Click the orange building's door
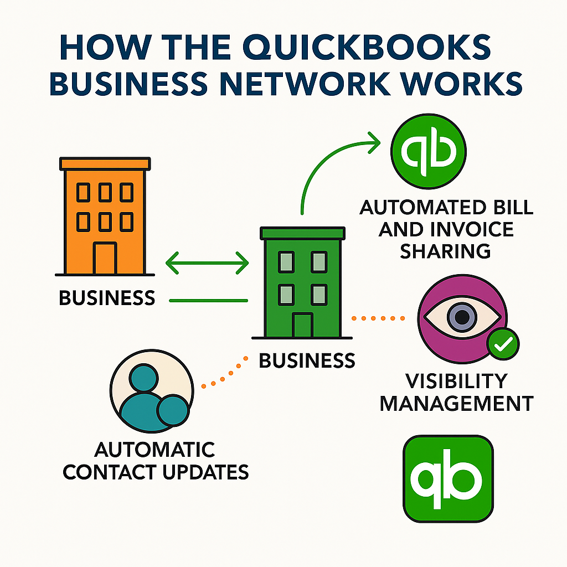pyautogui.click(x=104, y=258)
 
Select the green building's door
pyautogui.click(x=302, y=325)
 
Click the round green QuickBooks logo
pyautogui.click(x=429, y=150)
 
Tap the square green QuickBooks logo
pyautogui.click(x=449, y=479)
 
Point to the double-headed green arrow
pyautogui.click(x=207, y=262)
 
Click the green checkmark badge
pyautogui.click(x=503, y=345)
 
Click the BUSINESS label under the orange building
pyautogui.click(x=107, y=298)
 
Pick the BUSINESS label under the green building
pyautogui.click(x=307, y=361)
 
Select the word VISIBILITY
pyautogui.click(x=456, y=381)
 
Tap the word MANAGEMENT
pyautogui.click(x=456, y=403)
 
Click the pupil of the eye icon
pyautogui.click(x=462, y=317)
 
